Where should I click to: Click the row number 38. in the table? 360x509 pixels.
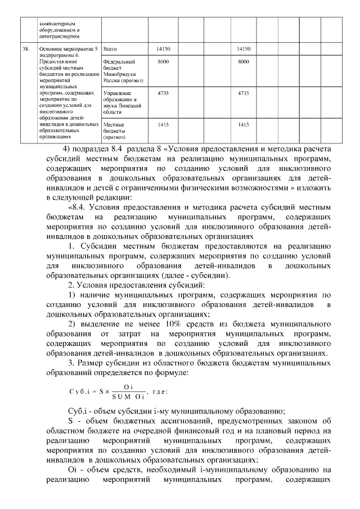pyautogui.click(x=25, y=49)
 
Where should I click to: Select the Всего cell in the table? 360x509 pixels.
pyautogui.click(x=110, y=49)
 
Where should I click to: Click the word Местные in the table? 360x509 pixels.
pyautogui.click(x=114, y=124)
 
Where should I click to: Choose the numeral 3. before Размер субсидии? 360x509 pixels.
pyautogui.click(x=71, y=363)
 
